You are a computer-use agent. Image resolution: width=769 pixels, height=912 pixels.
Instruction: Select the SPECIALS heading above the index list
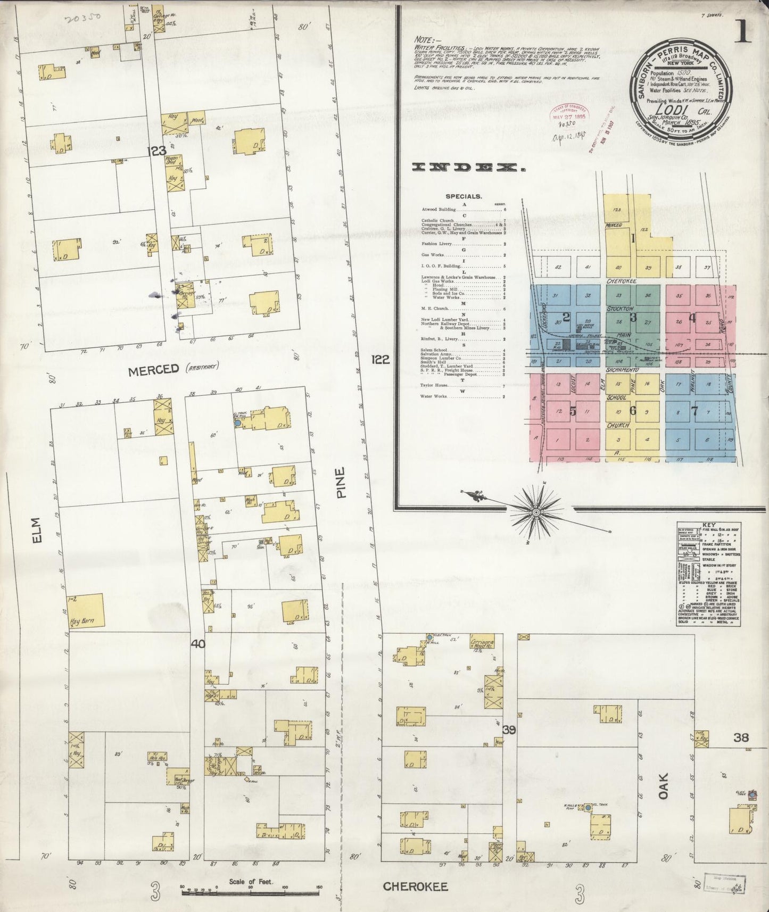[464, 196]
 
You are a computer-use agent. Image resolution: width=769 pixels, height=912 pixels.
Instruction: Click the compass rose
[536, 511]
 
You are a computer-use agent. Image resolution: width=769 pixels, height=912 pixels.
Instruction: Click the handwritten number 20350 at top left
[83, 20]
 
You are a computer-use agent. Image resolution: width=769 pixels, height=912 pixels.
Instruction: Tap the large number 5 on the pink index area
[573, 411]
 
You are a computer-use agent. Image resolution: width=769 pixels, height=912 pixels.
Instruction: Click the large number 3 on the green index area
[633, 318]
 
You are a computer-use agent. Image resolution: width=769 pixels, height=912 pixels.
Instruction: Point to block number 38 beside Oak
[741, 737]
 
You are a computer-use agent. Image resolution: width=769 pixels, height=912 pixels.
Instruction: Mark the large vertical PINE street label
[341, 482]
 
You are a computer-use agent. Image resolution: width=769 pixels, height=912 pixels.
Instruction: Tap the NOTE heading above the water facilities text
[427, 39]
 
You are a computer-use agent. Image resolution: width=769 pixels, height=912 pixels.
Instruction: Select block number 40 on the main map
[198, 644]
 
